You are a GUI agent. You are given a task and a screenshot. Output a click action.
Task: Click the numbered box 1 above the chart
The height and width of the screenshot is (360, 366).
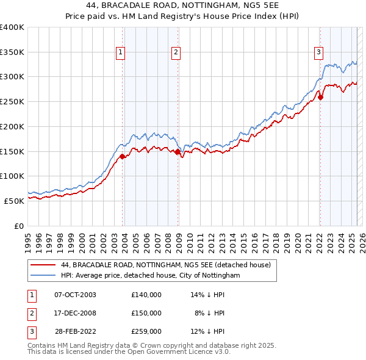click(x=121, y=53)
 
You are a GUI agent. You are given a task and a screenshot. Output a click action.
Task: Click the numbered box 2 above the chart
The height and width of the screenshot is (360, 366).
click(x=176, y=53)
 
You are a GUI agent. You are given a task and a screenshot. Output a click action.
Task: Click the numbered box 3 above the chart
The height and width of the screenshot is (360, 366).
click(x=318, y=53)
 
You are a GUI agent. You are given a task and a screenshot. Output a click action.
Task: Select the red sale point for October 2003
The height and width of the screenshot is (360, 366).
click(x=123, y=156)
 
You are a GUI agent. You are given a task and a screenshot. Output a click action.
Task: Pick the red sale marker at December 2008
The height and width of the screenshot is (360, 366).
click(x=178, y=151)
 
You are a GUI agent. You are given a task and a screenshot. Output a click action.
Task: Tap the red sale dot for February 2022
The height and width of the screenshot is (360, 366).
click(x=321, y=96)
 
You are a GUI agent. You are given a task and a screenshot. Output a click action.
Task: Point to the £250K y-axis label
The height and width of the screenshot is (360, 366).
click(x=12, y=101)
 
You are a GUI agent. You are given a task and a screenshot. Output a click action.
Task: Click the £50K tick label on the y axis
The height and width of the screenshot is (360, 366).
click(x=15, y=200)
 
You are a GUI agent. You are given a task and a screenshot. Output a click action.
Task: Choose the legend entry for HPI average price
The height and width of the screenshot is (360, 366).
click(x=151, y=276)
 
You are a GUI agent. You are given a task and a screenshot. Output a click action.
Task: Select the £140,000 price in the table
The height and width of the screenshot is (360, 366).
click(x=146, y=295)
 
